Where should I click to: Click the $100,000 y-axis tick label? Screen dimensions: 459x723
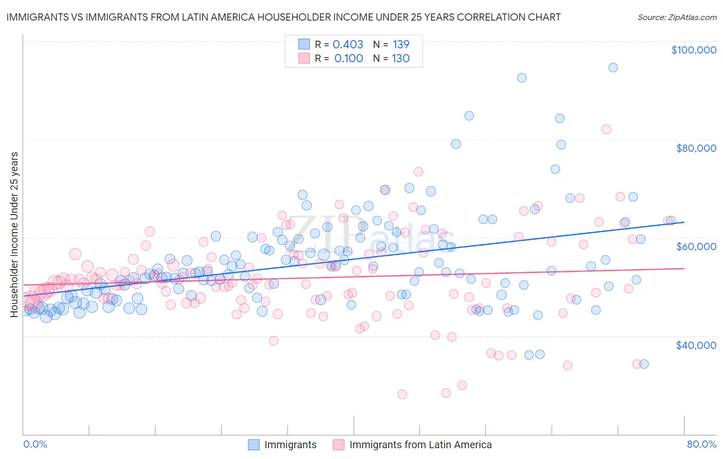(694, 50)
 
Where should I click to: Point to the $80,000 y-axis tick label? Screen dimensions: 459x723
(696, 148)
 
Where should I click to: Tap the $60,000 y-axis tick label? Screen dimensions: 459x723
(696, 246)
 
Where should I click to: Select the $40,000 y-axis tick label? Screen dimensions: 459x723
(696, 345)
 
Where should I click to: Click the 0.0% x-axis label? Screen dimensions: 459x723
(35, 444)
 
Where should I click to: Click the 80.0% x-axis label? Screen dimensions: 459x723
(701, 444)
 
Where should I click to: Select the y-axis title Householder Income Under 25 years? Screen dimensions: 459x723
(14, 234)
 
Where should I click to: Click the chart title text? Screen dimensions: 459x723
(283, 17)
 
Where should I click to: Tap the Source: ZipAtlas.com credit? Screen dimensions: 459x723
(677, 17)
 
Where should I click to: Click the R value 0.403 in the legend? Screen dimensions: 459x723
(348, 44)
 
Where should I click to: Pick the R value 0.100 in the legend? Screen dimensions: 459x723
(349, 58)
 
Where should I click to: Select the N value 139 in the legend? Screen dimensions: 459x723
(401, 44)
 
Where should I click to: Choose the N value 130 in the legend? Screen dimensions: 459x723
(401, 58)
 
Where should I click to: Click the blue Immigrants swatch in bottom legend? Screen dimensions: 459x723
(254, 445)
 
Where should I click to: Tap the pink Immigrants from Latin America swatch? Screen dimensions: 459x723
(338, 445)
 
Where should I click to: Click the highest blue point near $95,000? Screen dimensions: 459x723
(613, 67)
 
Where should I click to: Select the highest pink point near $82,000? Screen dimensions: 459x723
(606, 129)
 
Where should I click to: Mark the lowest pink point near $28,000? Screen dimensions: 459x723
(402, 394)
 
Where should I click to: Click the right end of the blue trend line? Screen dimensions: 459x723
(684, 222)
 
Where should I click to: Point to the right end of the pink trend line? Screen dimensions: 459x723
(684, 269)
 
